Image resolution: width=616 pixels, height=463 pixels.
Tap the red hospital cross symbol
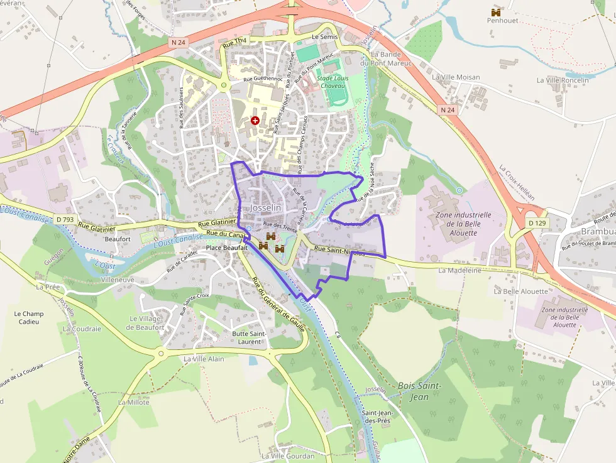coord(255,120)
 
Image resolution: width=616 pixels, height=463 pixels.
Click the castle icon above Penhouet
coord(496,12)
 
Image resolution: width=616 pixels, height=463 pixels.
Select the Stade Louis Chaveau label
coord(331,82)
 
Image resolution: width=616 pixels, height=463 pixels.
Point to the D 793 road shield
coord(64,219)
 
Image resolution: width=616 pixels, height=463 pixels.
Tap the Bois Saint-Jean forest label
coord(419,391)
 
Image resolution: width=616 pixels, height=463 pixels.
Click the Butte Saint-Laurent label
coord(249,337)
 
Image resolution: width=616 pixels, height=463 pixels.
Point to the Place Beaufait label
coord(227,248)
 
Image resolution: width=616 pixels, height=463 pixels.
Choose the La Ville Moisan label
coord(456,77)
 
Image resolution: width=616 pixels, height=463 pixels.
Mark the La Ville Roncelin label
coord(563,80)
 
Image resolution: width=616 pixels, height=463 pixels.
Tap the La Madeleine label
coord(459,270)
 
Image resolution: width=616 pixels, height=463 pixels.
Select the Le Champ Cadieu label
coord(29,317)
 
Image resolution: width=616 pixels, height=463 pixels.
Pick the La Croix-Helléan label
coord(517,183)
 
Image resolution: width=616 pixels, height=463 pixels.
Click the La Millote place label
coord(134,402)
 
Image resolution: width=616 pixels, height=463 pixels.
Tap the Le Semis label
coord(324,37)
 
